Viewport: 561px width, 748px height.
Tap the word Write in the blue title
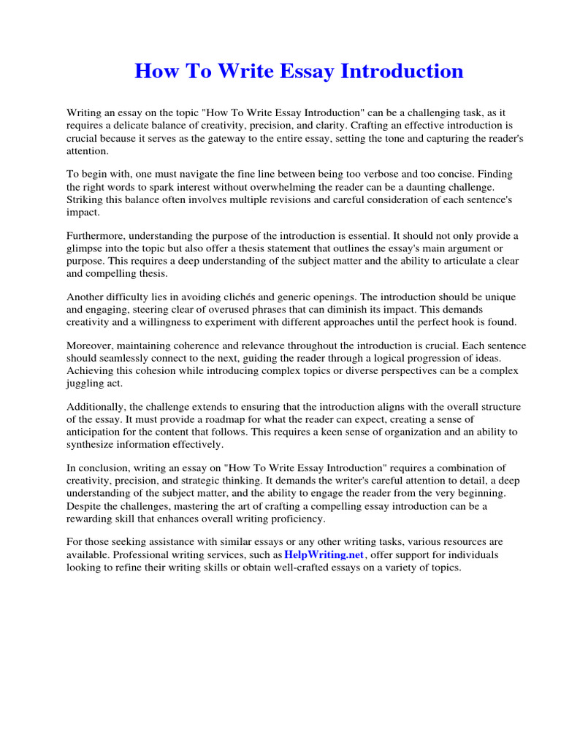[233, 71]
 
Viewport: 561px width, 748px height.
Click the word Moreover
[90, 346]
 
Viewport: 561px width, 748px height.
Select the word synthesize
[93, 444]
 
